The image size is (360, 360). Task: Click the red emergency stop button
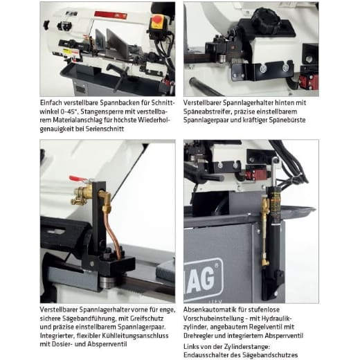pos(158,21)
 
